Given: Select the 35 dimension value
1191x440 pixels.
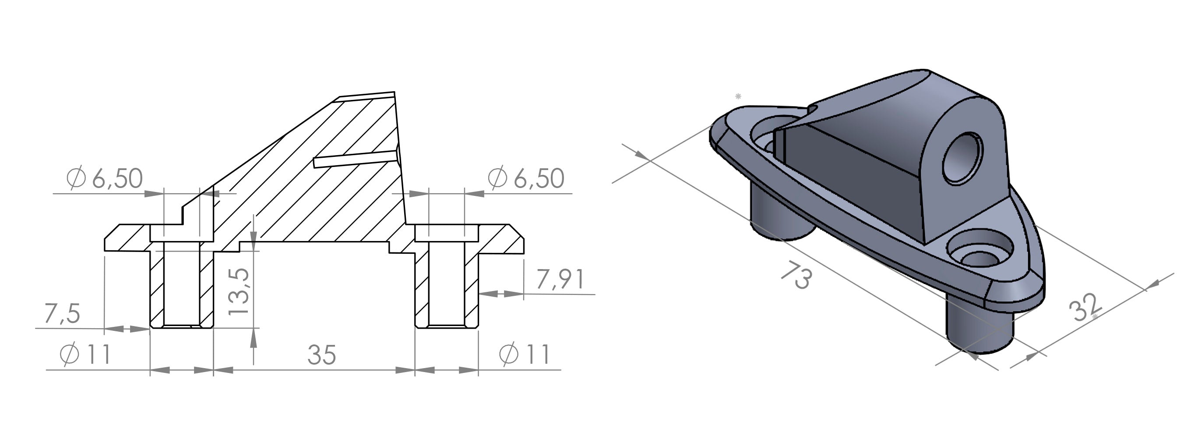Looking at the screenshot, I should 322,355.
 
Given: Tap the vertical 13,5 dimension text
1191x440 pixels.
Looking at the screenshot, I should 240,292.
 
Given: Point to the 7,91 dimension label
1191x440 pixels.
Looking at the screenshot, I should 560,280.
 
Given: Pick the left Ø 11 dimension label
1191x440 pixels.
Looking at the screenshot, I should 85,355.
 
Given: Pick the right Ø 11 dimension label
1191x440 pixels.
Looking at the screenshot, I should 525,355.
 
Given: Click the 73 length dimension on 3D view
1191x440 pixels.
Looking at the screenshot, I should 796,276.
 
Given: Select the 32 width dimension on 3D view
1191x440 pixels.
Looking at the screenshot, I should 1085,307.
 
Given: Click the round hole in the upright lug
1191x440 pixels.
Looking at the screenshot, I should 962,158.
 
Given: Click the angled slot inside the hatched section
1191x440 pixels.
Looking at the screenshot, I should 355,158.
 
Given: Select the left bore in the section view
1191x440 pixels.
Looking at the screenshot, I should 182,287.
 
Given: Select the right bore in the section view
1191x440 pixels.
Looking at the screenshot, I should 446,287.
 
